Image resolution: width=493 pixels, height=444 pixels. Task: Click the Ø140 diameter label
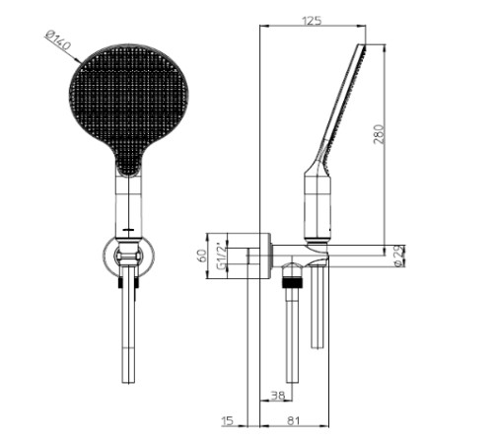(58, 41)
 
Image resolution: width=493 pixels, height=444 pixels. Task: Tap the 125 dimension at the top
(312, 21)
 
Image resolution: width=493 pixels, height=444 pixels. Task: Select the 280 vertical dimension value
(379, 134)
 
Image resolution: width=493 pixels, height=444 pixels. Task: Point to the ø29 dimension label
(399, 256)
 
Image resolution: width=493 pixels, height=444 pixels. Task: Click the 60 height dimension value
(203, 256)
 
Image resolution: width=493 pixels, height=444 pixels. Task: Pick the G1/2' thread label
(223, 257)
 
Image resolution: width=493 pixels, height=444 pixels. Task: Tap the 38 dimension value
(277, 396)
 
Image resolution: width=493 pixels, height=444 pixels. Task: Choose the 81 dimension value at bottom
(294, 421)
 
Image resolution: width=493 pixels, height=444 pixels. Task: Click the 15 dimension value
(227, 420)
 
